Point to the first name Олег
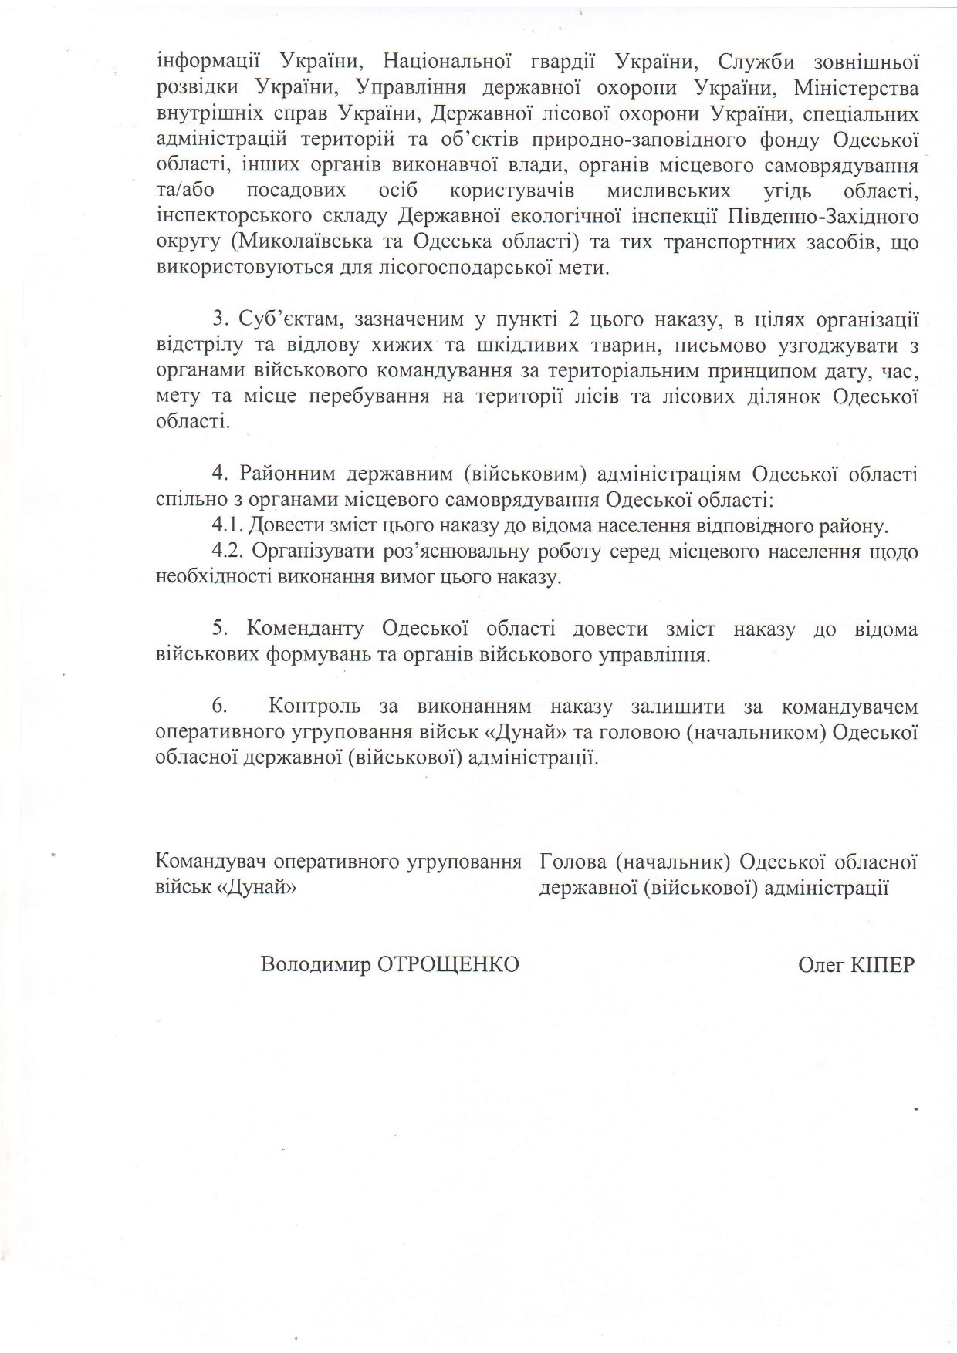821,964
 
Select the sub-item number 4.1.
228,527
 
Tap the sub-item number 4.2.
228,552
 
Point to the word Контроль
316,707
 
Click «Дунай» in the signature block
259,887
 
